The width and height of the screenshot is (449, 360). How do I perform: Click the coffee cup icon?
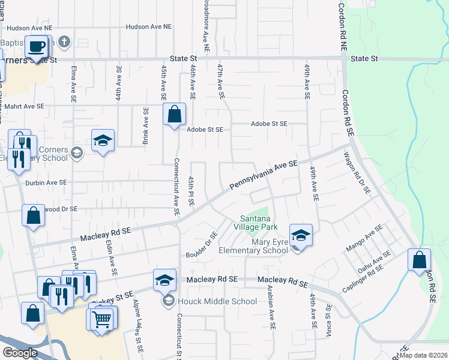36,46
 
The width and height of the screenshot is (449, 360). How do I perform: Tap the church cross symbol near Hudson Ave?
65,42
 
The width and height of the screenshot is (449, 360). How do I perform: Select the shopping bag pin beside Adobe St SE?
174,113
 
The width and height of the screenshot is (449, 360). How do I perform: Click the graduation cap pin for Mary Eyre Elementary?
301,235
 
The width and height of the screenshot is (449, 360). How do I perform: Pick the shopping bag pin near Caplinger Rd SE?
419,260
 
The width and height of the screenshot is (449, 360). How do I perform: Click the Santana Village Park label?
259,223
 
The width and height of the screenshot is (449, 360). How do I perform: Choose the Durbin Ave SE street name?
46,182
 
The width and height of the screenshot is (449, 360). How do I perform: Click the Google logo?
20,353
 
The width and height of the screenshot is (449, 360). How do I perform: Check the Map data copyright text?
423,355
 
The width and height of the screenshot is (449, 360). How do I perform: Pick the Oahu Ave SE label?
371,262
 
